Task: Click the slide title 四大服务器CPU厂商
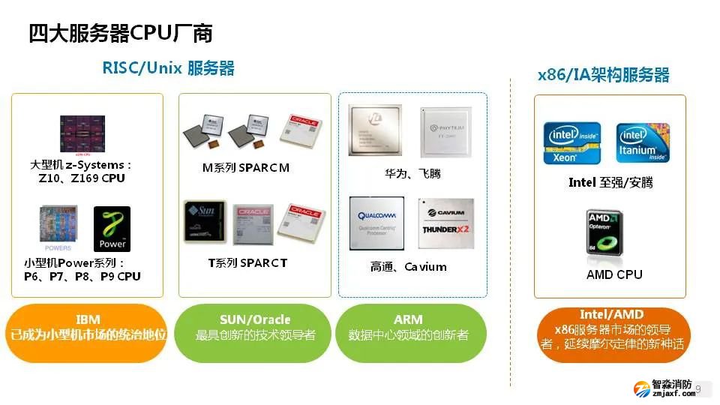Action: pos(121,34)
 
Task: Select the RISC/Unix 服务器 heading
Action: pos(168,68)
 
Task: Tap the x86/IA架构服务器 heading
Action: pos(603,75)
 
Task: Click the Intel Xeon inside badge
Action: pos(571,142)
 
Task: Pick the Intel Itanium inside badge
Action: pos(643,142)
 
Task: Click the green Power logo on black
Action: pos(112,229)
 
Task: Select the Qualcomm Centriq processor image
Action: pos(376,223)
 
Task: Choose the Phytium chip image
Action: pos(447,131)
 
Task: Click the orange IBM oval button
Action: pos(87,327)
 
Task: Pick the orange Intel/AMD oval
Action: pos(611,331)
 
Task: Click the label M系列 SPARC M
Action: pos(246,168)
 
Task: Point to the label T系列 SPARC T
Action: pos(247,263)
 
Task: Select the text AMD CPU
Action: pos(614,274)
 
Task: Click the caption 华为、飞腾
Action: pos(412,174)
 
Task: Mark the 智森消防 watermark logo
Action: pos(664,388)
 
